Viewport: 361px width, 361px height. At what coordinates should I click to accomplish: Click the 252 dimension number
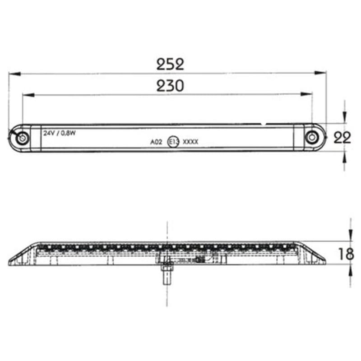pos(170,65)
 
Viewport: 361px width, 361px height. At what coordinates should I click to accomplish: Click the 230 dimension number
pos(170,86)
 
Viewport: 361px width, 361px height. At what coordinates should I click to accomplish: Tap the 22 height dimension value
pos(342,138)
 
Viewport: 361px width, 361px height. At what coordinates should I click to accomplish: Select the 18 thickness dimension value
pos(346,254)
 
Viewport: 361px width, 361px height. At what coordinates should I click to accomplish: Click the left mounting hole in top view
pos(21,138)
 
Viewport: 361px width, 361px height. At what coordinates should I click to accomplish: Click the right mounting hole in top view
pos(311,138)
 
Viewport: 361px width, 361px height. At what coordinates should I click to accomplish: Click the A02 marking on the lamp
pos(156,142)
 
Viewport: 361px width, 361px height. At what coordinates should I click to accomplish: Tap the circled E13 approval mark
pos(173,142)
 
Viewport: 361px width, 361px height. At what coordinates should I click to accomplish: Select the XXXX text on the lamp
pos(190,142)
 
